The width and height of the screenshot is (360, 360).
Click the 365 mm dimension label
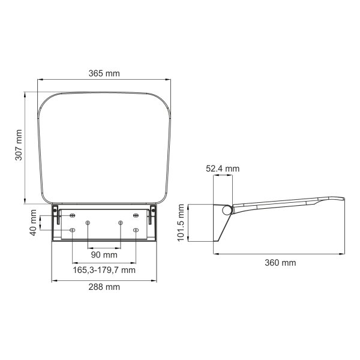[x=104, y=73]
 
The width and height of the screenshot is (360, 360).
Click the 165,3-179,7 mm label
[x=104, y=270]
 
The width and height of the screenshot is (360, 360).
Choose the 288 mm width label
[x=104, y=287]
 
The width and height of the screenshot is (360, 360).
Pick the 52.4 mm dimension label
[x=223, y=169]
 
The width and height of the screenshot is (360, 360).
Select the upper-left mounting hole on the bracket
[x=73, y=215]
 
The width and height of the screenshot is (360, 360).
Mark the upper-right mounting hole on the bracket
[x=136, y=215]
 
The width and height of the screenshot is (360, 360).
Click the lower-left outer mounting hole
[x=73, y=230]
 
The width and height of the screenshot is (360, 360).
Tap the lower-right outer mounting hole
[x=136, y=230]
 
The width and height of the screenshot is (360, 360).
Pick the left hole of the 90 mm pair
[x=88, y=223]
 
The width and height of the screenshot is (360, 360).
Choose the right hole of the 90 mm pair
[x=121, y=223]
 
